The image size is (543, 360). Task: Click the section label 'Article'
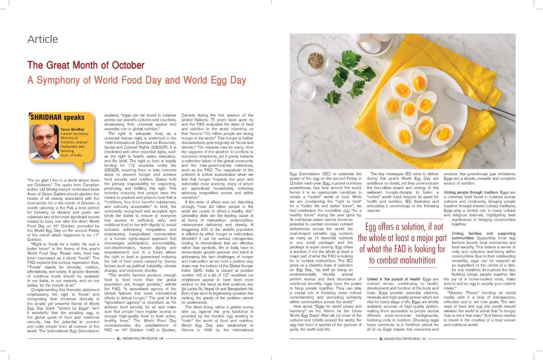[43, 39]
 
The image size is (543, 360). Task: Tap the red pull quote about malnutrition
[402, 243]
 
